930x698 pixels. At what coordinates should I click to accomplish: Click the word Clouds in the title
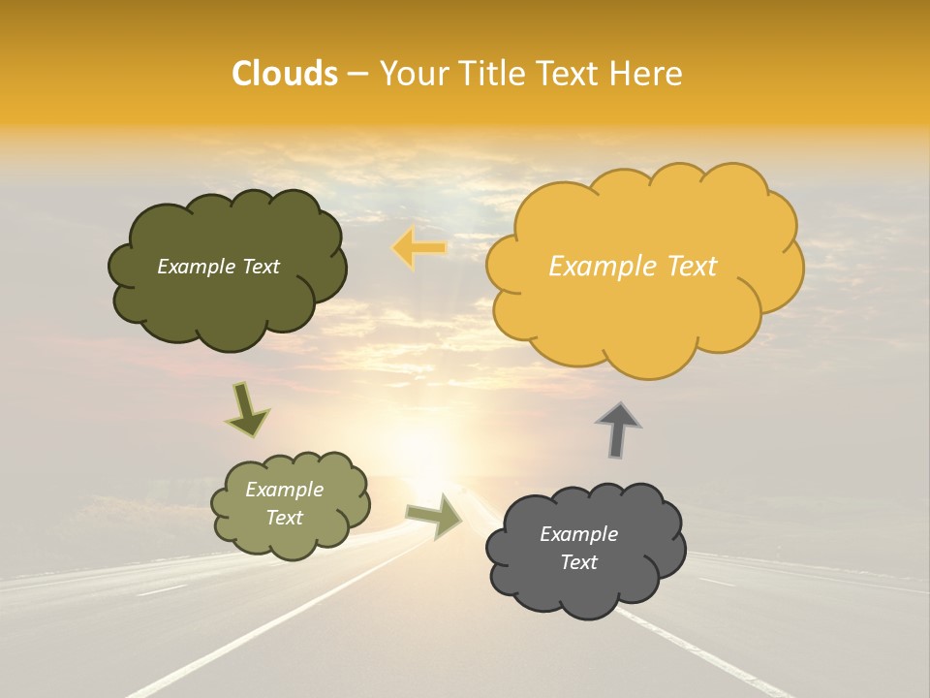click(284, 74)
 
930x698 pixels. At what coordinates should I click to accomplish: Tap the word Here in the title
click(646, 74)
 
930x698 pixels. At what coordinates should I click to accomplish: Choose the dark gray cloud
click(581, 591)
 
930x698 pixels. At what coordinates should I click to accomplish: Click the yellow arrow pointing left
click(419, 248)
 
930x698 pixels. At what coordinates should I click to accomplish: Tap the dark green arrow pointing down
click(246, 409)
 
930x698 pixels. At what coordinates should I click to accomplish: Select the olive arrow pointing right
click(434, 516)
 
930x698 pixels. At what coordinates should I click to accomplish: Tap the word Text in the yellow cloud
click(690, 266)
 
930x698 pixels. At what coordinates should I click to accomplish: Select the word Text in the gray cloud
click(578, 562)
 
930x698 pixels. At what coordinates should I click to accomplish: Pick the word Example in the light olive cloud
click(285, 490)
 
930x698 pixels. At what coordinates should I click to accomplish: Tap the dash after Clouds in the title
click(356, 74)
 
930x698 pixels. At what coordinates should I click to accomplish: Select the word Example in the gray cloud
click(578, 534)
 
